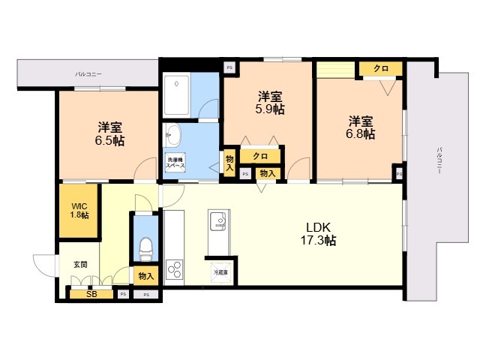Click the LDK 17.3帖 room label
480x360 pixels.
319,234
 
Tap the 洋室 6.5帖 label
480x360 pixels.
110,134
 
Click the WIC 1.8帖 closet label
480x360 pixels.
79,211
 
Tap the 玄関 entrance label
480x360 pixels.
80,264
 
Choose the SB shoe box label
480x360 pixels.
91,294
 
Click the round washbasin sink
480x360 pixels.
174,135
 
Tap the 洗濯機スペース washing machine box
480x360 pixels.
177,163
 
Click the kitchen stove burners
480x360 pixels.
175,269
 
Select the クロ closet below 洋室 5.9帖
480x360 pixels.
260,157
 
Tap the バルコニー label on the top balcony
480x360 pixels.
88,74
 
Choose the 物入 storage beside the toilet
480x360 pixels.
145,276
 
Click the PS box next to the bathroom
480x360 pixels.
229,67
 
